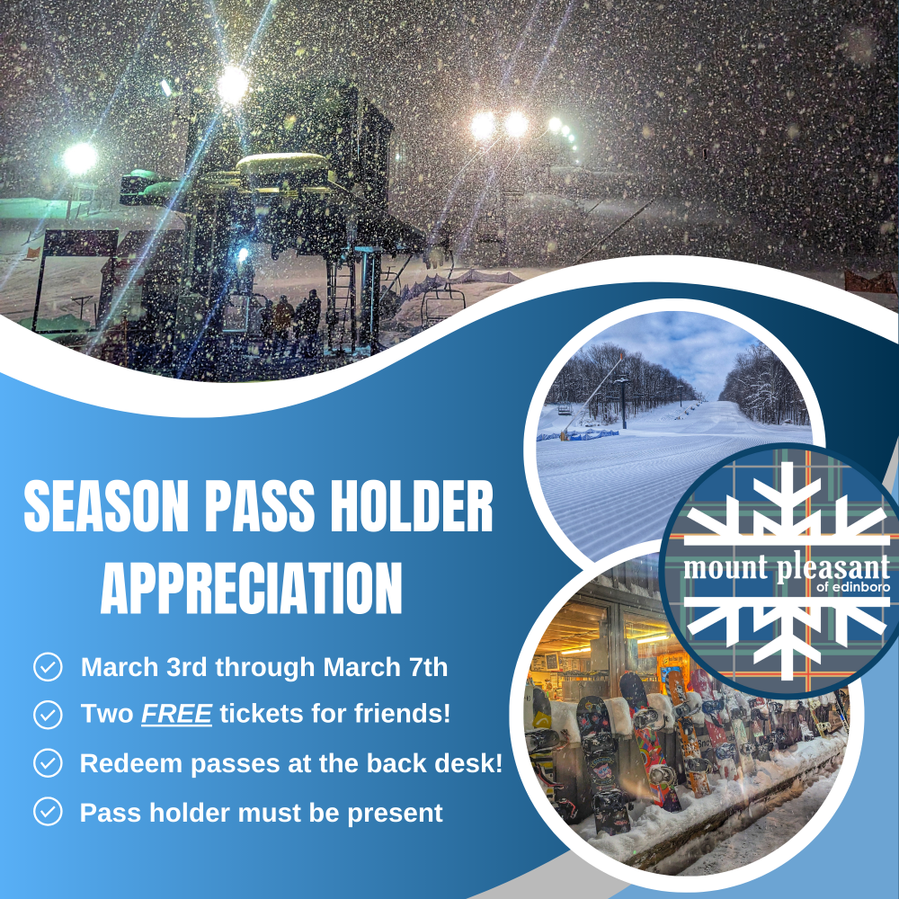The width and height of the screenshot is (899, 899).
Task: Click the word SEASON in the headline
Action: [x=106, y=506]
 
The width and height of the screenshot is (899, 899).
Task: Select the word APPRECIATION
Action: [x=251, y=588]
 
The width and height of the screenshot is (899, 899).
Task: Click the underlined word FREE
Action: [x=176, y=714]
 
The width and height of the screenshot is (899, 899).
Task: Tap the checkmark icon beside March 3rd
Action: [x=49, y=667]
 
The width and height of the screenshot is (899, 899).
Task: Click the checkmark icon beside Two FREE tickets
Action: [x=49, y=715]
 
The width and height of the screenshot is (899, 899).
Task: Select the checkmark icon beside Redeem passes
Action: [x=49, y=763]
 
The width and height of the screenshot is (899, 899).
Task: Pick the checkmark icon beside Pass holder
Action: [x=49, y=812]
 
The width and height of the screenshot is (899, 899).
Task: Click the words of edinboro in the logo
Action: [x=853, y=587]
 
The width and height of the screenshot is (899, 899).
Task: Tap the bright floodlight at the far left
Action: [x=80, y=158]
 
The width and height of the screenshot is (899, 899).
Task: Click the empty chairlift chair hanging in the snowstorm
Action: [x=442, y=301]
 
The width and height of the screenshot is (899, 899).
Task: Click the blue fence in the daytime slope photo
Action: [x=578, y=435]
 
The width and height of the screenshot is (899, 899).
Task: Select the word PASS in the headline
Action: [x=260, y=506]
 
